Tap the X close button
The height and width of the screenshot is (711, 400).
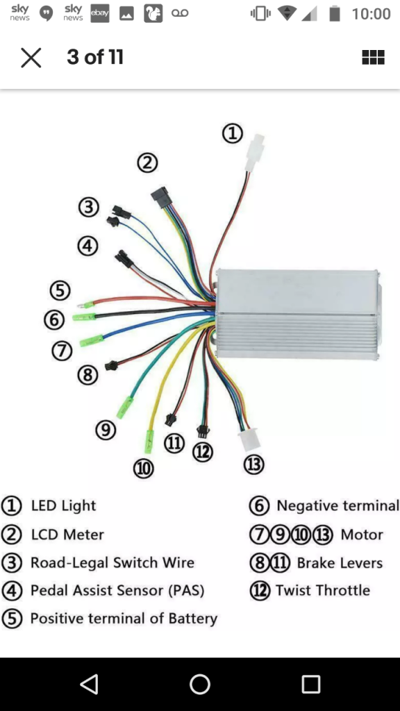(31, 58)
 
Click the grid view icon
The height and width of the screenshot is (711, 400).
(373, 57)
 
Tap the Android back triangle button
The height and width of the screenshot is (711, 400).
(89, 684)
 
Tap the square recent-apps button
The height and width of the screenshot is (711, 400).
(311, 684)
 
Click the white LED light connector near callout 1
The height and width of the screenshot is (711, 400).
(253, 153)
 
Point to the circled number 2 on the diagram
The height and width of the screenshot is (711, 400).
(147, 162)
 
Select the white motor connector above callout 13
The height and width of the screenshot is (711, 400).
(250, 440)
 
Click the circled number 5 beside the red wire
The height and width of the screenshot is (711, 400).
(60, 290)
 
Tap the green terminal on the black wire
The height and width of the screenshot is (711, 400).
(84, 317)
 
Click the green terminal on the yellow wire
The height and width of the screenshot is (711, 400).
(149, 442)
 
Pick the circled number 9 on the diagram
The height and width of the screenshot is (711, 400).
(106, 429)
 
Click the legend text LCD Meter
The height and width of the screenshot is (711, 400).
(67, 535)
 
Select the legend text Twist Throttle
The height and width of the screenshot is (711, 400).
(323, 590)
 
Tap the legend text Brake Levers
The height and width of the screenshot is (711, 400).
(340, 562)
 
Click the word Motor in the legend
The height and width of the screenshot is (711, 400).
(362, 535)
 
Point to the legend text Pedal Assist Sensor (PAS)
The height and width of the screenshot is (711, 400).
(117, 590)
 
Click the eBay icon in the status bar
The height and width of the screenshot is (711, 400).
(100, 14)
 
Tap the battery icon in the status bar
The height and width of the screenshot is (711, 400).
(335, 13)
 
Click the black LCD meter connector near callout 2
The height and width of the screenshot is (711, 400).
(160, 196)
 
